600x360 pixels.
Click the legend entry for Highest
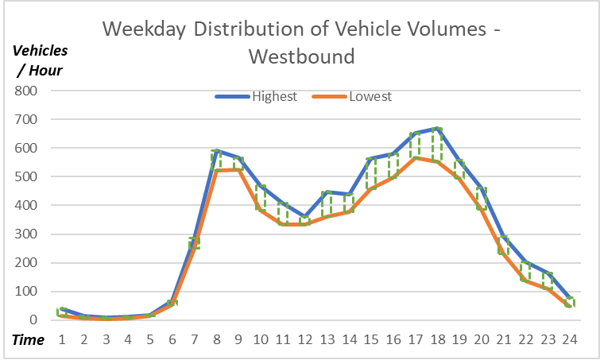pos(274,97)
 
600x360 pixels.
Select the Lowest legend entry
pos(370,97)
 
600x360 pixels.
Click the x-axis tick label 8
pos(216,339)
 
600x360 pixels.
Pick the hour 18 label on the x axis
pos(436,339)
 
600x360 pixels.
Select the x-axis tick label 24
pos(569,339)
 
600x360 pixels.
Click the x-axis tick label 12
pos(304,339)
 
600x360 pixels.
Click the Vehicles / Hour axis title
pos(40,60)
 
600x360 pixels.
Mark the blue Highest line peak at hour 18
pos(437,128)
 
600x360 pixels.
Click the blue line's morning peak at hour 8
pos(216,150)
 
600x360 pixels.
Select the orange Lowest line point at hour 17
pos(415,157)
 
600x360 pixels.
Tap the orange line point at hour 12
pos(304,224)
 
